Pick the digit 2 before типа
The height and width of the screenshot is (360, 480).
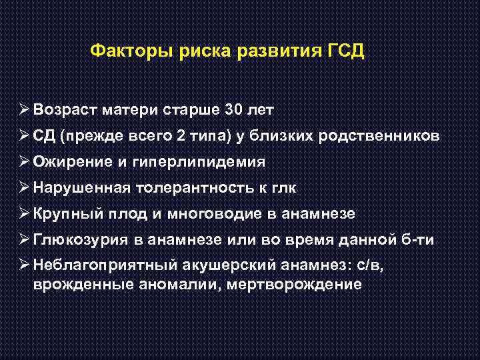182,136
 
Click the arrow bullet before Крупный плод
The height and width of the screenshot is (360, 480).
23,214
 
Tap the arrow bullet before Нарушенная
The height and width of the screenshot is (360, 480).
23,188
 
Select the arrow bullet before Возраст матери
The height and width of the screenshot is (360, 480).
23,109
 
